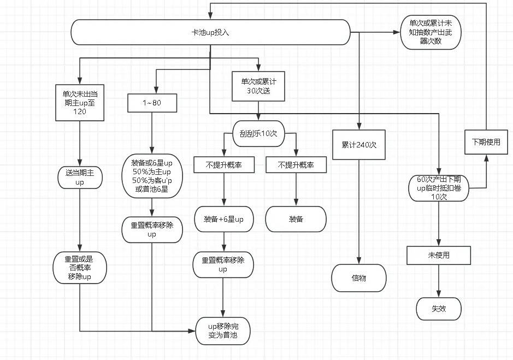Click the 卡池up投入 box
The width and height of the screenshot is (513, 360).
tap(210, 32)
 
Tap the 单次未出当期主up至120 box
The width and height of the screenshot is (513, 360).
tap(80, 102)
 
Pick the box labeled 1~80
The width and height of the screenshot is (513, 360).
tap(151, 102)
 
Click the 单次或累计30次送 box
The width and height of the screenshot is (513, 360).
tap(258, 86)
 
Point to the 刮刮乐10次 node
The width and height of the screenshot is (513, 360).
tap(258, 133)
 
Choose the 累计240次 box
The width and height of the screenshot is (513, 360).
tap(358, 145)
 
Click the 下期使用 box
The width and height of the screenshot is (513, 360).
tap(486, 142)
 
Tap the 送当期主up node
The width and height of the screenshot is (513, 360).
tap(80, 178)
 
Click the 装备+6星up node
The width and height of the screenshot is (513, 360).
tap(223, 219)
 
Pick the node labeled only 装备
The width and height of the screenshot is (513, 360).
tap(296, 219)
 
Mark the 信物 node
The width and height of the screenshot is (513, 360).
tap(358, 278)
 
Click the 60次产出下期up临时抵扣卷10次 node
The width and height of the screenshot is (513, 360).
tap(439, 188)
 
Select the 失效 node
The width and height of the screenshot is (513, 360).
tap(439, 309)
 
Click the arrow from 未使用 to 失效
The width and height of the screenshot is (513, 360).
tap(439, 281)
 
